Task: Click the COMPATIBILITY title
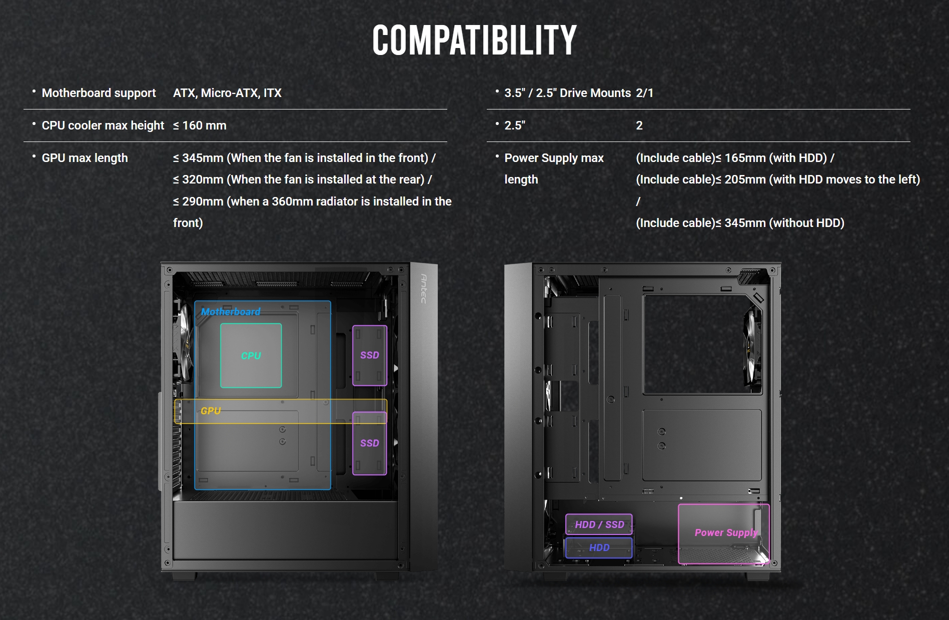coord(474,40)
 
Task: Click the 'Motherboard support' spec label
coord(99,93)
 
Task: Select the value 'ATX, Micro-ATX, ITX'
coord(227,93)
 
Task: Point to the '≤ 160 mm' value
coord(200,125)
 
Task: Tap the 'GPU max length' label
coord(85,158)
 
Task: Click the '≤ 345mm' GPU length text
coord(198,158)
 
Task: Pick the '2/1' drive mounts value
coord(644,93)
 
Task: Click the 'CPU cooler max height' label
coord(103,125)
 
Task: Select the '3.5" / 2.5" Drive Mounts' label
coord(567,93)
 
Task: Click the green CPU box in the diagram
coord(251,355)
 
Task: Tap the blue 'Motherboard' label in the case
coord(231,312)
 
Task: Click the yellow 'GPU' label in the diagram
coord(211,411)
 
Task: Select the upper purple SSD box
coord(370,355)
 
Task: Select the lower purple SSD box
coord(370,443)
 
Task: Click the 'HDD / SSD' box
coord(599,524)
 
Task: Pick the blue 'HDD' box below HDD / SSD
coord(599,547)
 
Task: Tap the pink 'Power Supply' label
coord(726,533)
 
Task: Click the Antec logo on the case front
coord(424,288)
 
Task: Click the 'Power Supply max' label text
coord(554,158)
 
